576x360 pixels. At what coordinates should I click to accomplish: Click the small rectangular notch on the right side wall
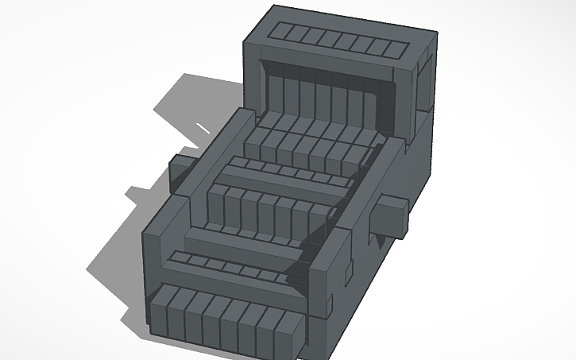point(347,273)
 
